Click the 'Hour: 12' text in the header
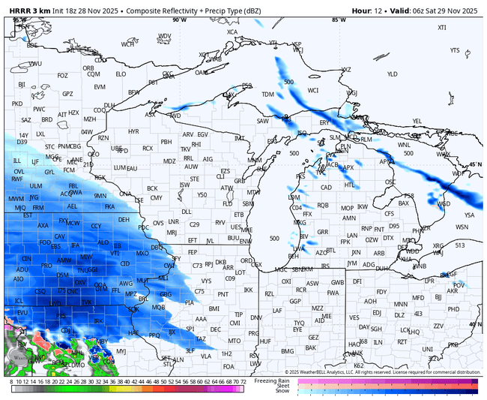[369, 11]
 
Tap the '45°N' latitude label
[476, 164]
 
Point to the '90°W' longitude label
[178, 20]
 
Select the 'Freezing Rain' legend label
[274, 380]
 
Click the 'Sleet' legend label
[284, 386]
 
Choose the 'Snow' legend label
[283, 391]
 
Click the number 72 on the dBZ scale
[243, 382]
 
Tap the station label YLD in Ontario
[392, 74]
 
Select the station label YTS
[455, 50]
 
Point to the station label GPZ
[67, 94]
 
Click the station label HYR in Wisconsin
[133, 131]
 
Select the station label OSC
[390, 182]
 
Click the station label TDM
[267, 94]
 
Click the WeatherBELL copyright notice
[382, 371]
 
